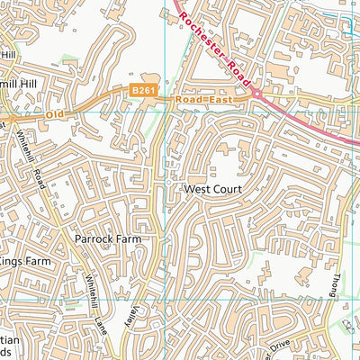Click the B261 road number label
click(139, 91)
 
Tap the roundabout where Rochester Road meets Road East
click(256, 94)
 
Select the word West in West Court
click(197, 191)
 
